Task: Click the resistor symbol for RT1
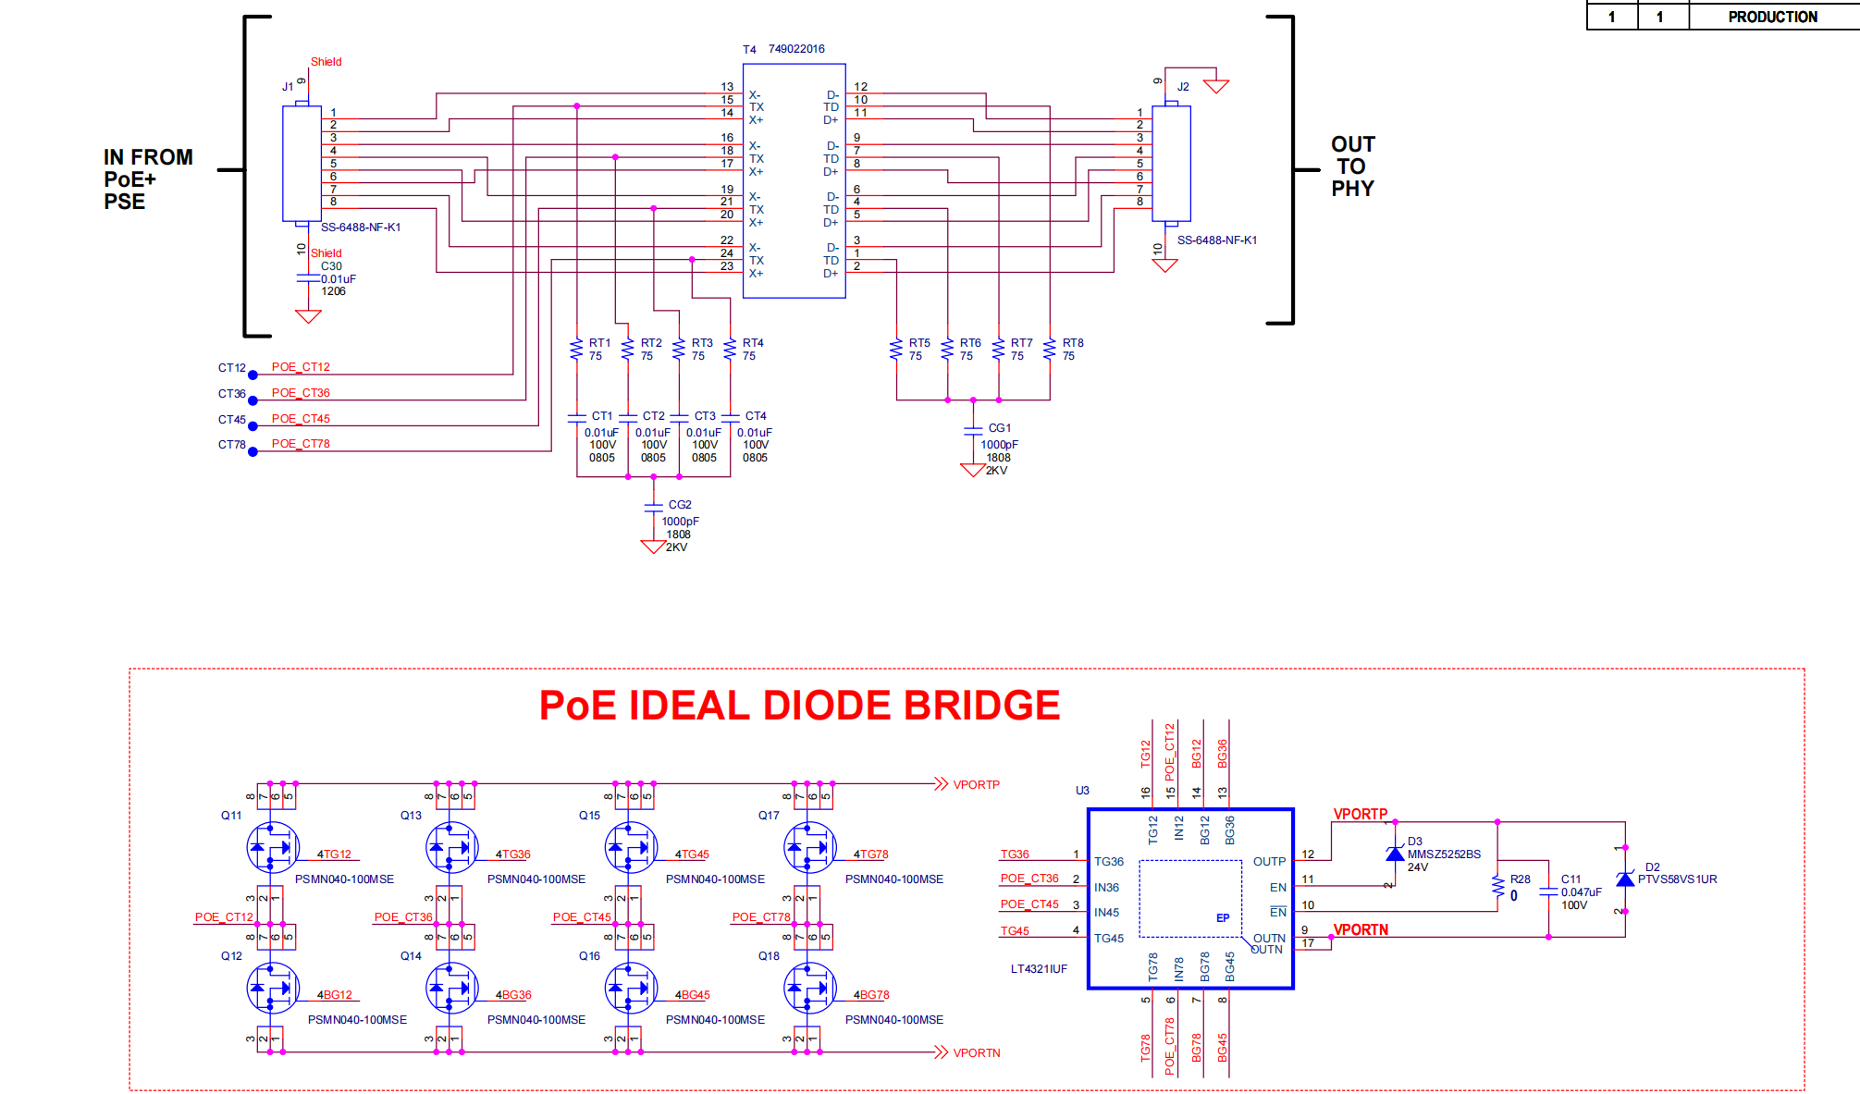tap(577, 349)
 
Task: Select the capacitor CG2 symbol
tap(653, 506)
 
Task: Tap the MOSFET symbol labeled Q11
tap(272, 847)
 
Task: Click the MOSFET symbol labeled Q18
tap(809, 988)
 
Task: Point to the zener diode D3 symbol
tap(1395, 854)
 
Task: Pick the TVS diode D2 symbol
tap(1624, 879)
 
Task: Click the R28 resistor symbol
tap(1497, 886)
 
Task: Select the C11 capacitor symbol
tap(1548, 891)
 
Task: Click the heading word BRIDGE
tap(981, 706)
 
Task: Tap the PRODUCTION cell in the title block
tap(1772, 17)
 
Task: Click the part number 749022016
tap(796, 49)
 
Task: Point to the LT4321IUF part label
tap(1039, 969)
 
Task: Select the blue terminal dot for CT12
tap(253, 375)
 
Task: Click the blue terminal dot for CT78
tap(253, 451)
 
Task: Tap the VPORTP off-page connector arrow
tap(941, 784)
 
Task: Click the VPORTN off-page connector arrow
tap(941, 1052)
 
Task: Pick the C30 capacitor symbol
tap(308, 278)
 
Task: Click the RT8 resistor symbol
tap(1050, 349)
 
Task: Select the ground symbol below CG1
tap(973, 470)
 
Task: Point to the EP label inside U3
tap(1223, 918)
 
